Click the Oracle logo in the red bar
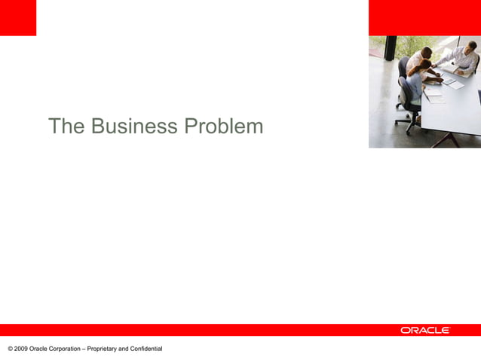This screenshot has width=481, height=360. click(425, 330)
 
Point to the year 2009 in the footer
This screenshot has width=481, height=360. click(20, 348)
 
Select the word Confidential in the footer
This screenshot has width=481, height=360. click(146, 348)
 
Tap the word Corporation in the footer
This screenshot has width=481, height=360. click(65, 348)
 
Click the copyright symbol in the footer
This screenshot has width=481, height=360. click(10, 348)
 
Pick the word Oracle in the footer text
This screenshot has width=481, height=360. click(38, 348)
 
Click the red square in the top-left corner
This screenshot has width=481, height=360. click(17, 17)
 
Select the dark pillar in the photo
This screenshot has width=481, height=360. click(391, 49)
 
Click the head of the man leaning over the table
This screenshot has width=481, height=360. click(427, 51)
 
